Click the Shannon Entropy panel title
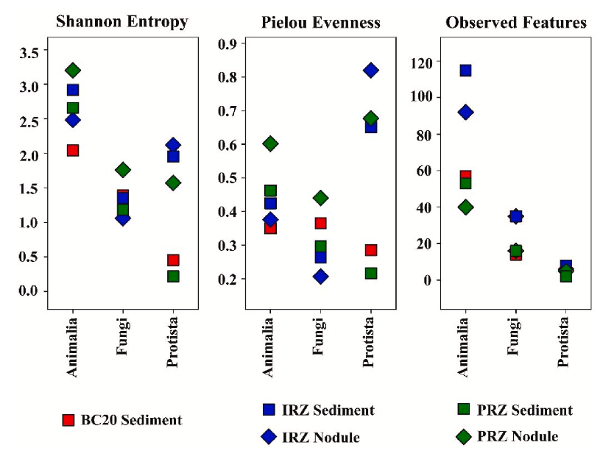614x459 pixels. pyautogui.click(x=122, y=21)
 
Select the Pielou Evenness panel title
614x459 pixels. pyautogui.click(x=321, y=22)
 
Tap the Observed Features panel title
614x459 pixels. pyautogui.click(x=516, y=22)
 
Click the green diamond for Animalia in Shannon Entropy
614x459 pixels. pyautogui.click(x=73, y=71)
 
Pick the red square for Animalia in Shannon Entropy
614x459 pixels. pyautogui.click(x=73, y=150)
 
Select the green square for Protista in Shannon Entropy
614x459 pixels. pyautogui.click(x=173, y=277)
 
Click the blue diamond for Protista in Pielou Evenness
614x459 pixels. pyautogui.click(x=370, y=71)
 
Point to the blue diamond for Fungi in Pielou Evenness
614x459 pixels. pyautogui.click(x=320, y=277)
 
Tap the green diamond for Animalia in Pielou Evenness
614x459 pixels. pyautogui.click(x=270, y=144)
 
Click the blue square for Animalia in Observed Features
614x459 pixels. pyautogui.click(x=465, y=71)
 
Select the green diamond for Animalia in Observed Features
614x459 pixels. pyautogui.click(x=465, y=207)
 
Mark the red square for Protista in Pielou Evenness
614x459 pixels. pyautogui.click(x=370, y=250)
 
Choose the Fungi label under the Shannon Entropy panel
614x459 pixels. pyautogui.click(x=123, y=338)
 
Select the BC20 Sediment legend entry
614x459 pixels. pyautogui.click(x=121, y=420)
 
